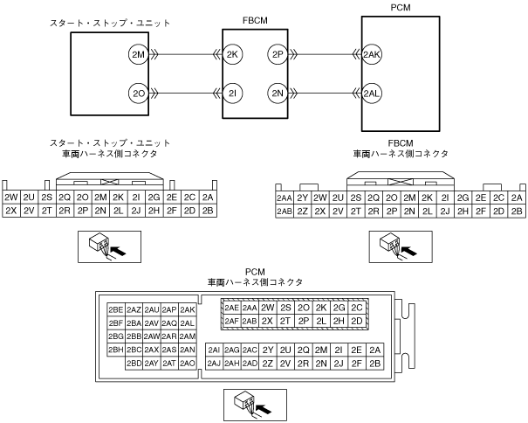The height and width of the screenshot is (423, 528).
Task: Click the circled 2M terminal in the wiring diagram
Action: tap(137, 54)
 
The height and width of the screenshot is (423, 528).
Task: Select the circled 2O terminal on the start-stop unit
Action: tap(137, 92)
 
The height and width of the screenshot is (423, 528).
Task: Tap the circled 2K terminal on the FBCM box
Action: tap(232, 54)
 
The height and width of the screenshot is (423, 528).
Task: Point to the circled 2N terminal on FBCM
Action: tap(278, 92)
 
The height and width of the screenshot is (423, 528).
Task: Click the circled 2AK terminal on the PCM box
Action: tap(373, 54)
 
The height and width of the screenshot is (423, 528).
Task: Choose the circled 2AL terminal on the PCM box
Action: tap(373, 92)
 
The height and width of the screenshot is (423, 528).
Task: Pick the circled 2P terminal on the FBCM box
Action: tap(278, 54)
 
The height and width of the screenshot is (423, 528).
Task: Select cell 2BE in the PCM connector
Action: tap(115, 309)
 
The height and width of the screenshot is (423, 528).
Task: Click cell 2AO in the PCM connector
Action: tap(187, 363)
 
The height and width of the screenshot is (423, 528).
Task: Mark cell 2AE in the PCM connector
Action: tap(232, 308)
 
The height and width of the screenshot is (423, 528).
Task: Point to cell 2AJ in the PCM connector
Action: tap(214, 363)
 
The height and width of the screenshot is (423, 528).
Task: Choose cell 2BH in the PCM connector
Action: tap(115, 350)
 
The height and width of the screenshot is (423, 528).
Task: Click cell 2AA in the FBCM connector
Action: tap(284, 198)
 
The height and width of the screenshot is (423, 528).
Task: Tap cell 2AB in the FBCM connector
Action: tap(284, 211)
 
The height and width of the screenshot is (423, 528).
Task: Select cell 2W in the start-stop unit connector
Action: tap(11, 198)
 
